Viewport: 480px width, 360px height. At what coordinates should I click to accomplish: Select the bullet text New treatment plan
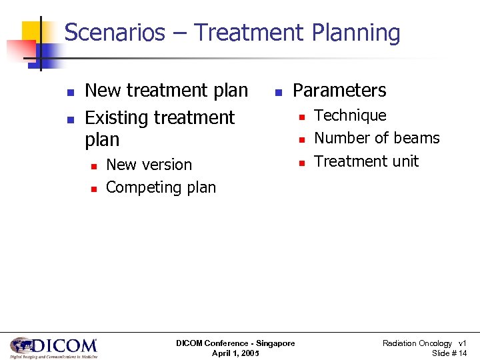coord(167,90)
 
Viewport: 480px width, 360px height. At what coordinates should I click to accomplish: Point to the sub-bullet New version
coord(149,165)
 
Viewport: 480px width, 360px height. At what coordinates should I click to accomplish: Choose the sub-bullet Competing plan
coord(161,187)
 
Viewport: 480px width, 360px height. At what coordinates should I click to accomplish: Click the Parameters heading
coord(339,90)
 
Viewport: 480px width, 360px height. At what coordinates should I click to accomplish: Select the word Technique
coord(350,115)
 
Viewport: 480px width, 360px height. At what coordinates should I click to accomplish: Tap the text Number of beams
coord(377,138)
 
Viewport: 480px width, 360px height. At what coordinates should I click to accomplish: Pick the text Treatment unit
coord(366,161)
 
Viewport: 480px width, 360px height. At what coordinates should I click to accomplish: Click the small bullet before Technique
coord(301,117)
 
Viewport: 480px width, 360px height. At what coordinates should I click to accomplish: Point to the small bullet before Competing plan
coord(93,189)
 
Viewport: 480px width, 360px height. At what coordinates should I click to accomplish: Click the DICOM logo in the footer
coord(53,347)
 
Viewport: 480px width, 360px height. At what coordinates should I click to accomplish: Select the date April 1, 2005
coord(235,353)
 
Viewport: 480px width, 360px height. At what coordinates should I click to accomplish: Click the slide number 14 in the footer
coord(463,353)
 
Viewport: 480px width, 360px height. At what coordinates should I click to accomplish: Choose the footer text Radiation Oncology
coord(417,343)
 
